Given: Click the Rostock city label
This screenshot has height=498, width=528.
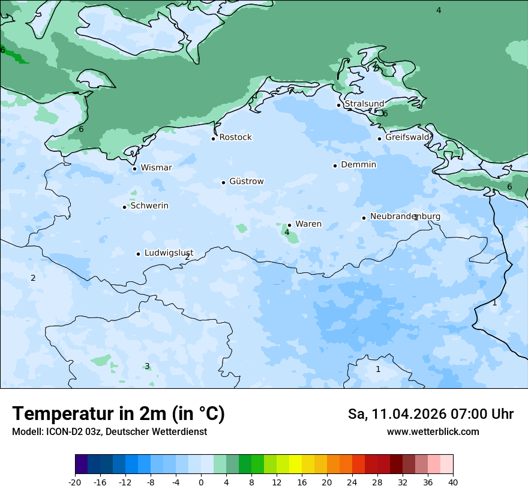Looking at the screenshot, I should tap(235, 137).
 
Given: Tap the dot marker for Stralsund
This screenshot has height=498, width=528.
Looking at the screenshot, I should tap(338, 105).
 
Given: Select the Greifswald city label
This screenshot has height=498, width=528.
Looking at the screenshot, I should tap(407, 137).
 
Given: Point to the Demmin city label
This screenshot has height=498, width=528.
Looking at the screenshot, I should tap(358, 165).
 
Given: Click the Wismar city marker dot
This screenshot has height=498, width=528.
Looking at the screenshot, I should tap(134, 169).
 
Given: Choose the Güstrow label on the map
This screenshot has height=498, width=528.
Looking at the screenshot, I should tap(246, 182).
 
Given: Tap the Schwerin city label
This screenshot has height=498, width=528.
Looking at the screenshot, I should tap(149, 206).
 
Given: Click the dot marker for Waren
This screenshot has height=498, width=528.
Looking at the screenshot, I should tap(289, 226).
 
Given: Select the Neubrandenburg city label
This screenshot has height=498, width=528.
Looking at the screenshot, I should tap(405, 217).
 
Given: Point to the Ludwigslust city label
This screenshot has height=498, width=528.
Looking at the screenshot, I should tap(169, 253).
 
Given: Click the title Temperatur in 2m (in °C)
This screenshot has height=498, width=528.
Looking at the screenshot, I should tap(118, 414).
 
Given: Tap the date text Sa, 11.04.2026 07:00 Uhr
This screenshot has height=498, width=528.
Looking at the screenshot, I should tap(430, 414).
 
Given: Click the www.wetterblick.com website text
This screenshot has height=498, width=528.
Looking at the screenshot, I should tap(433, 432).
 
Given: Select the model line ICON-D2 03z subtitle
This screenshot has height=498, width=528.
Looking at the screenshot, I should tap(109, 432).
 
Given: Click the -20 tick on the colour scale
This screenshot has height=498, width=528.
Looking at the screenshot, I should tap(75, 482).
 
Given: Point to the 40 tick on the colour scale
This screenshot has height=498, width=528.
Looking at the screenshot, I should tap(453, 482).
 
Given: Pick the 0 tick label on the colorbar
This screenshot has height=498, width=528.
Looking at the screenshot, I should tap(201, 482).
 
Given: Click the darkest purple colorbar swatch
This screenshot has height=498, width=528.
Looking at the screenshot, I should tap(81, 464).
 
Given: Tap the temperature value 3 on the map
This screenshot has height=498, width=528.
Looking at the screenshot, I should tap(147, 367).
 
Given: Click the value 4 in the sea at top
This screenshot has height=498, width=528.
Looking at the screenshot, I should tap(439, 10).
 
